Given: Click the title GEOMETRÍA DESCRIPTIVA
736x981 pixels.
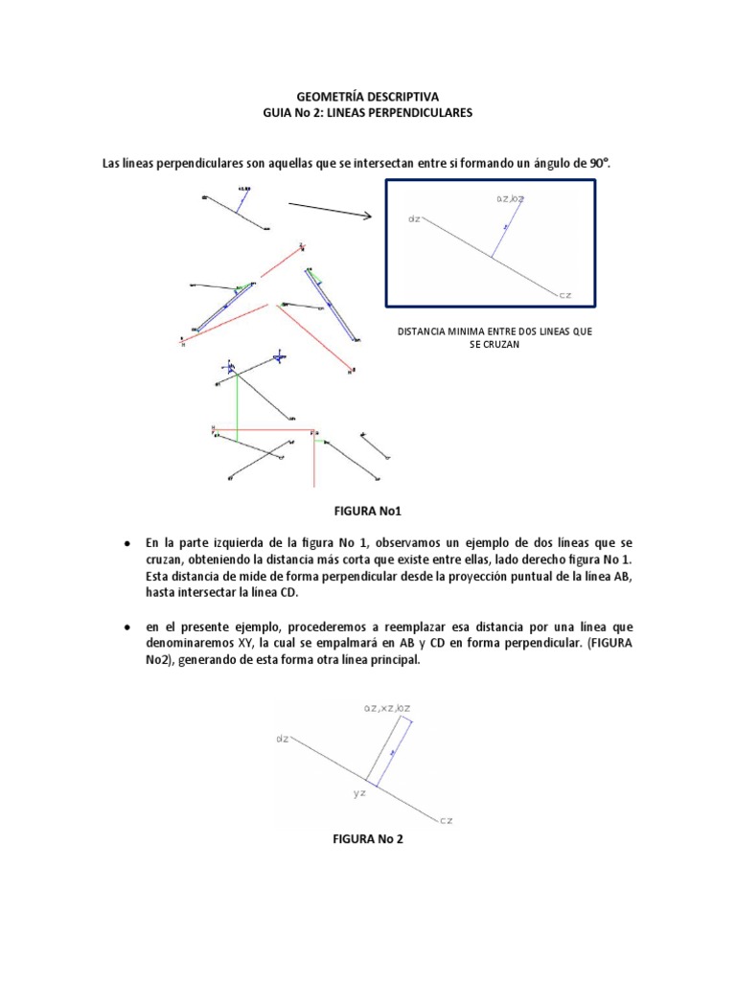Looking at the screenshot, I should (367, 97).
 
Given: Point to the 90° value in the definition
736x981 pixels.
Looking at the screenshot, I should (598, 164).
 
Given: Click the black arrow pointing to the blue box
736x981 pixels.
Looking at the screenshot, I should (330, 210).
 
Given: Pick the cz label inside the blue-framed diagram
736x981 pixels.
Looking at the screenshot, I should (564, 294).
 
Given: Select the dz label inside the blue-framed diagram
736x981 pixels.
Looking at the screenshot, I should (414, 219).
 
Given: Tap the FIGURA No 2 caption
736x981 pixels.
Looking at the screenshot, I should (368, 839).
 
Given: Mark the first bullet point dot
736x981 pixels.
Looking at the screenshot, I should (126, 543).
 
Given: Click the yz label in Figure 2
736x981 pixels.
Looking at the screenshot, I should (359, 793).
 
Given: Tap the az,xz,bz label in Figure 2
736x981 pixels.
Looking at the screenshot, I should (384, 708).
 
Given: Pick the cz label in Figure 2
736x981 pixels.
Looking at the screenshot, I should (446, 821).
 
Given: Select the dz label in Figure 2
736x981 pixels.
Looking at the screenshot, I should (283, 739).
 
